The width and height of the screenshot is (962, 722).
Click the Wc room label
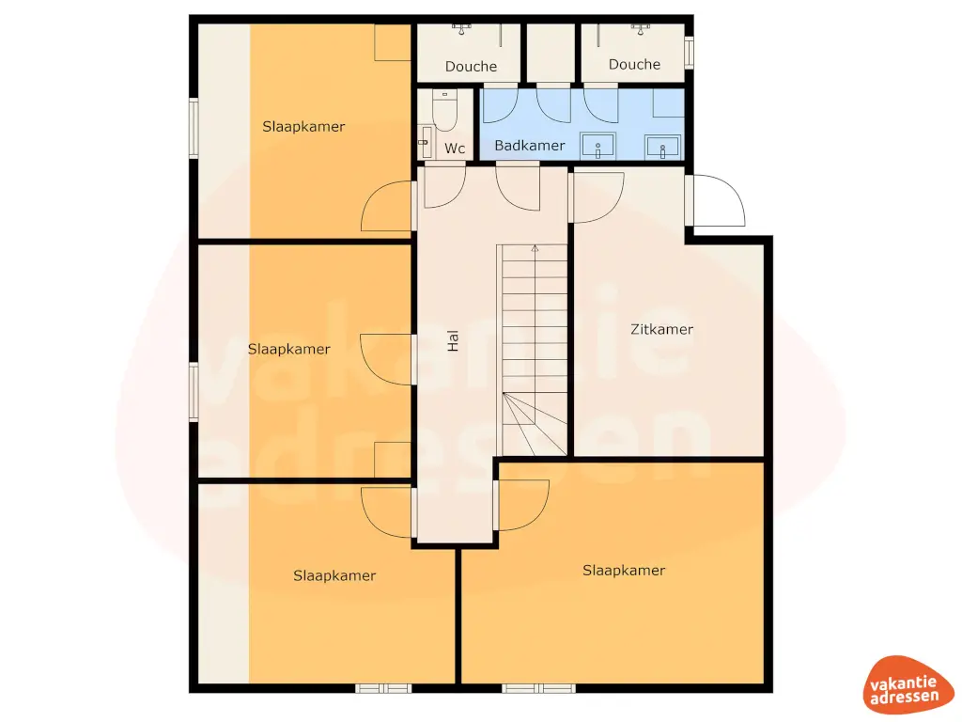(455, 149)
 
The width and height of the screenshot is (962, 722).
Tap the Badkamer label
(529, 146)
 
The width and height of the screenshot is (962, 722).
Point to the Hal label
(453, 340)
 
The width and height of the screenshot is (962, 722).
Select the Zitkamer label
(661, 329)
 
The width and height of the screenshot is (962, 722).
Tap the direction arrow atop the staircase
(535, 249)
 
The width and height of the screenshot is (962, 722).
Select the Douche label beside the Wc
(471, 66)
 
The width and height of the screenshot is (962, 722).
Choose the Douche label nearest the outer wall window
(634, 64)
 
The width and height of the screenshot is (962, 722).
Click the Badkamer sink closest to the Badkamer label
(597, 147)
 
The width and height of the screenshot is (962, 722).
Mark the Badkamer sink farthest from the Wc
(662, 147)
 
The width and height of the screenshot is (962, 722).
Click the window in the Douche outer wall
(689, 52)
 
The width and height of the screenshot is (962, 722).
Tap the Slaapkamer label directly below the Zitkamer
(623, 570)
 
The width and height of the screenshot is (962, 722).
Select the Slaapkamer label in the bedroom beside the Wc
(303, 126)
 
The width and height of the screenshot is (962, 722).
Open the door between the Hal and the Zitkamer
(596, 196)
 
